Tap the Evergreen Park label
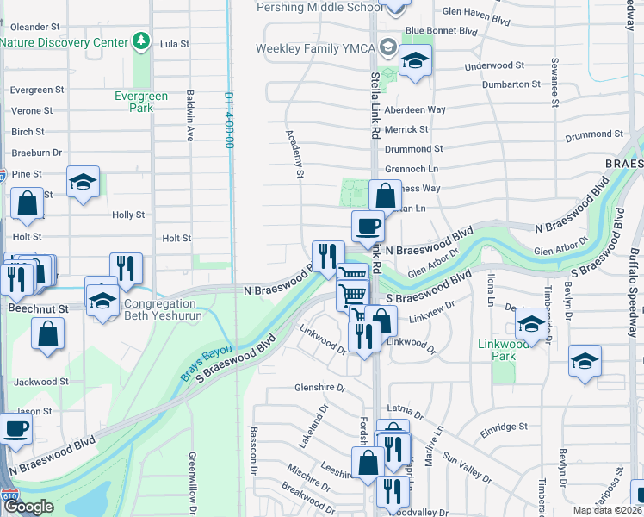134,102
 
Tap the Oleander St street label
34,27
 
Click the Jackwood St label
40,382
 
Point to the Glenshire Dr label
319,387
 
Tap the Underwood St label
493,65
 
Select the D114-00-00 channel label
230,120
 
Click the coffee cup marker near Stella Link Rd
368,227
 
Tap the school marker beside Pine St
83,182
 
